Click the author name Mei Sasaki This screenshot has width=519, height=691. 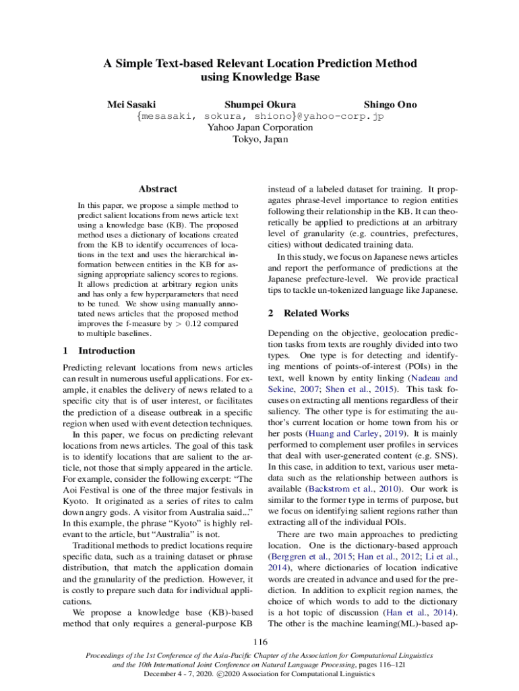click(x=131, y=105)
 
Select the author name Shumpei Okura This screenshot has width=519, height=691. click(x=259, y=105)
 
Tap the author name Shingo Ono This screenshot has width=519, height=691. click(x=390, y=105)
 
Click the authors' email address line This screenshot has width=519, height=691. click(x=259, y=116)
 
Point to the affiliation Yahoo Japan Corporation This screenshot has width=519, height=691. click(x=259, y=128)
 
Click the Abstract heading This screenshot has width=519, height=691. click(x=157, y=190)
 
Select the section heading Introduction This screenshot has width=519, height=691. click(x=106, y=351)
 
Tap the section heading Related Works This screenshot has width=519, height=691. click(x=316, y=313)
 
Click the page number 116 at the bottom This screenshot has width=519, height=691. click(x=259, y=641)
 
